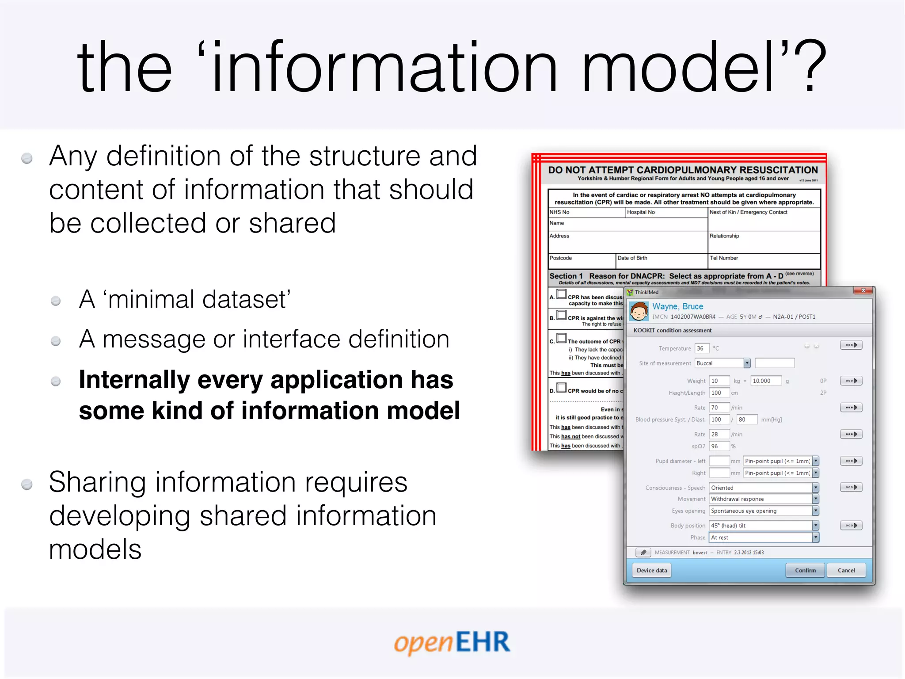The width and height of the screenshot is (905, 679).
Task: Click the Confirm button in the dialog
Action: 805,570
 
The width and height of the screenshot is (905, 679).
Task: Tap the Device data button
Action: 652,570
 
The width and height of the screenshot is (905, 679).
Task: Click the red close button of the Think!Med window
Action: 863,290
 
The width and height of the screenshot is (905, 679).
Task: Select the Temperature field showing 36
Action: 701,348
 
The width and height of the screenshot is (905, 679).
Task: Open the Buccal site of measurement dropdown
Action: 747,363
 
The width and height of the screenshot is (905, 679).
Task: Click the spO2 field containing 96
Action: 719,446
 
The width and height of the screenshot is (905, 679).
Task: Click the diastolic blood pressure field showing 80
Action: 746,420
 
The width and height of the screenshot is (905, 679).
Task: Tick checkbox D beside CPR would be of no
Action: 562,388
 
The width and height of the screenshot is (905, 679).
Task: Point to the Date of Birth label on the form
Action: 632,258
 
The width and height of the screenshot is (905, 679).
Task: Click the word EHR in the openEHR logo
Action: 483,642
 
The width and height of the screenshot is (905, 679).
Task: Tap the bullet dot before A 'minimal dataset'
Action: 56,301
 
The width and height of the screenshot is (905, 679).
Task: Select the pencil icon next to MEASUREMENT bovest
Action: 643,553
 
